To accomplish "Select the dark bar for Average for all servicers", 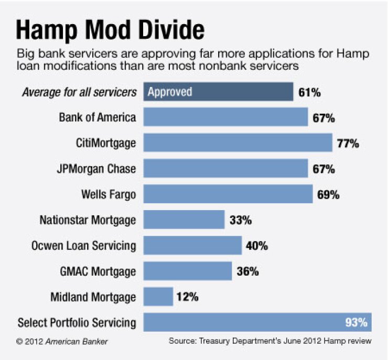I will [218, 92].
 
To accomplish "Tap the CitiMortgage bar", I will [238, 143].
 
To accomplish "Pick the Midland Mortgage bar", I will [158, 297].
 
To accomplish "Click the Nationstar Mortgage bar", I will [184, 220].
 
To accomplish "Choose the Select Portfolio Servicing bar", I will [257, 322].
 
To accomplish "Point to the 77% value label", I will [348, 143].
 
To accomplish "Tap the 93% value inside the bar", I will [356, 322].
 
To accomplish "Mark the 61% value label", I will [309, 93].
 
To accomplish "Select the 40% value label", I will [257, 246].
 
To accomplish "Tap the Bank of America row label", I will [98, 117].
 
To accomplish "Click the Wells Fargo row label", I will [109, 194].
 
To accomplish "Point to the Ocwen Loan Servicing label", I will [88, 246].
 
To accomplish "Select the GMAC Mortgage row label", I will [98, 271].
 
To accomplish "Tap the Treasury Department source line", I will [270, 341].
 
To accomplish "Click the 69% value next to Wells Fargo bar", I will [328, 194].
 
